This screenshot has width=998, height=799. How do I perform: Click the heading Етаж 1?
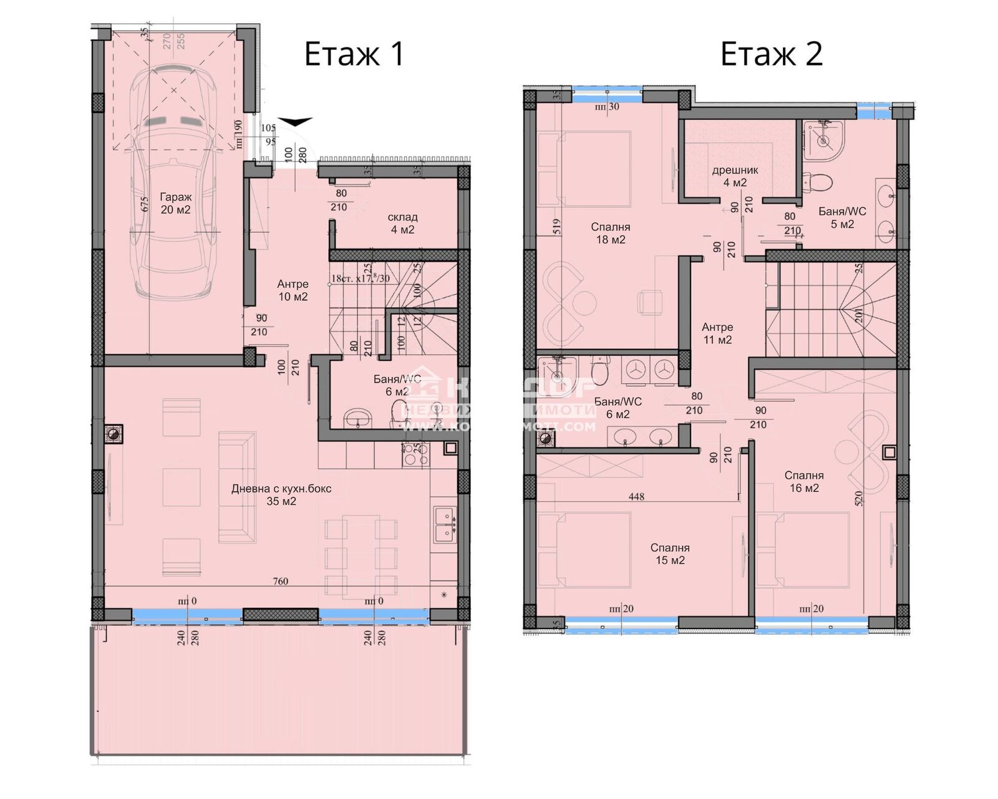(x=354, y=54)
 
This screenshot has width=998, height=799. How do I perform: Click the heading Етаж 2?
(x=771, y=54)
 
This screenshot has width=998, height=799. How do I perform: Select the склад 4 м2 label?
(x=402, y=223)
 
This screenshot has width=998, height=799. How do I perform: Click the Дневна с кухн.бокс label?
(x=281, y=495)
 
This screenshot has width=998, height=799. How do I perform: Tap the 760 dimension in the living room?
(x=281, y=581)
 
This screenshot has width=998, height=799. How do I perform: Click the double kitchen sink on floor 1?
(x=444, y=524)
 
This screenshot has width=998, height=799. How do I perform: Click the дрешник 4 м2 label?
(x=735, y=176)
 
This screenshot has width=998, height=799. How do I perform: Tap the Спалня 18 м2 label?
(x=610, y=233)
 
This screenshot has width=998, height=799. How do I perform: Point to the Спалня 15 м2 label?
(x=670, y=554)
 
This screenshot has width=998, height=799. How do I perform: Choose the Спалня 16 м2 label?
(x=804, y=482)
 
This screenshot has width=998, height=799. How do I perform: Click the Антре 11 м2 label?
(x=717, y=333)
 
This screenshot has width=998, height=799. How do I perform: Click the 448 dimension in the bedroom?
(x=637, y=497)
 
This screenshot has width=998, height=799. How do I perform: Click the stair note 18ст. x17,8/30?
(x=361, y=278)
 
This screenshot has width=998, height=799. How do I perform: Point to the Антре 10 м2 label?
(x=293, y=290)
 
